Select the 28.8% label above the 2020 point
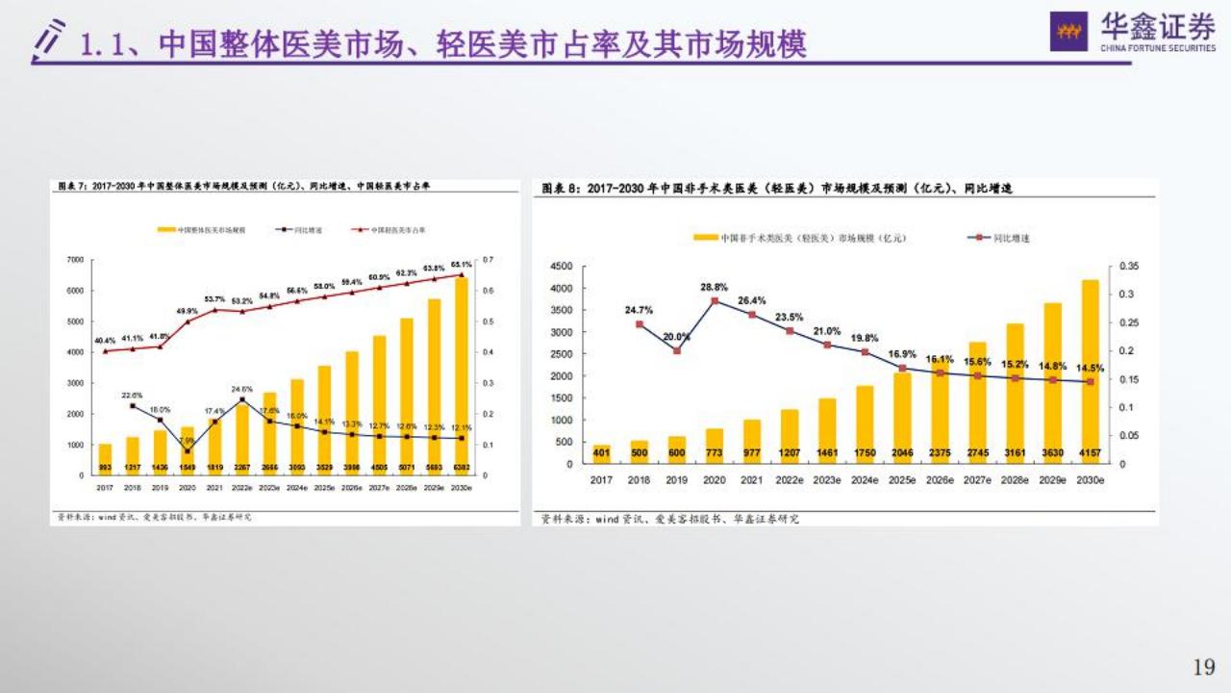pyautogui.click(x=714, y=287)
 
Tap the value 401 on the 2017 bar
pyautogui.click(x=602, y=451)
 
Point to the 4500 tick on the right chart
pyautogui.click(x=560, y=266)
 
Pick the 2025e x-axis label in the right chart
pyautogui.click(x=902, y=478)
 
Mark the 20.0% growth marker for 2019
pyautogui.click(x=677, y=350)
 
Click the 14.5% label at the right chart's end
pyautogui.click(x=1092, y=367)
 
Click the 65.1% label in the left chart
pyautogui.click(x=461, y=265)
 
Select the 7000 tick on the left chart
pyautogui.click(x=76, y=260)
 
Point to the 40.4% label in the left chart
pyautogui.click(x=104, y=341)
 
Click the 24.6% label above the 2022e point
pyautogui.click(x=241, y=389)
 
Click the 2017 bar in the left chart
pyautogui.click(x=105, y=459)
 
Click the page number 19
pyautogui.click(x=1203, y=666)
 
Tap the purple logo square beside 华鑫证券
pyautogui.click(x=1068, y=31)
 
